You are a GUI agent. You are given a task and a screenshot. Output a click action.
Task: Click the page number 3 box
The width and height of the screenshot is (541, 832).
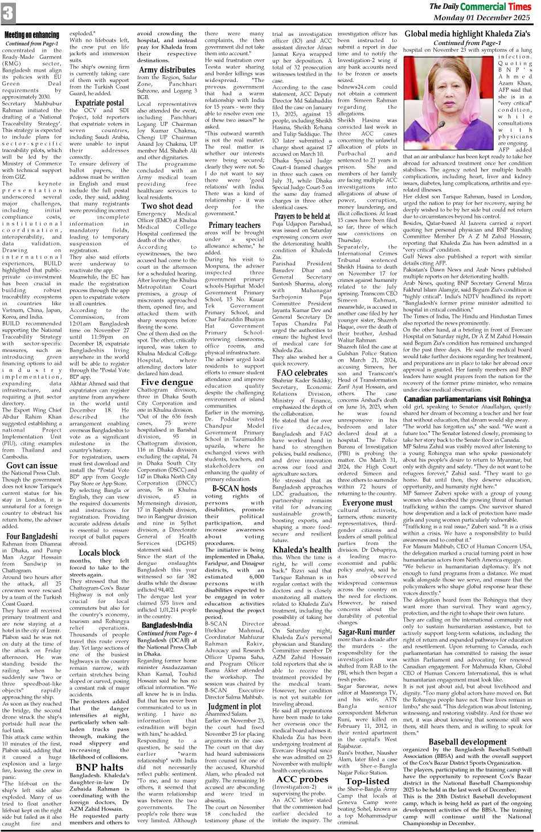(9, 13)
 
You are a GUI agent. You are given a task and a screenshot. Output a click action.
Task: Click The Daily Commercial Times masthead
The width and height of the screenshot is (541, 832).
(479, 6)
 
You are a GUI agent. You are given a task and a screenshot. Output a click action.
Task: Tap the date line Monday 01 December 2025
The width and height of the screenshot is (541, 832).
(481, 18)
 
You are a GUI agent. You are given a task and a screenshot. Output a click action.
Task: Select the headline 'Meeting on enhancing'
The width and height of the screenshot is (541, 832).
(32, 35)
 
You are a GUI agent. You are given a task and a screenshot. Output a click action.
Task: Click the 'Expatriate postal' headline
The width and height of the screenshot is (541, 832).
(99, 103)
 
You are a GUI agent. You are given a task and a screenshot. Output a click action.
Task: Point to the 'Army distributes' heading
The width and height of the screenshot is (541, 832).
(167, 70)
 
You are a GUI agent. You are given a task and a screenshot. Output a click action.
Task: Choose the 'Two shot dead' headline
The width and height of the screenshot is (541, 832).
(167, 206)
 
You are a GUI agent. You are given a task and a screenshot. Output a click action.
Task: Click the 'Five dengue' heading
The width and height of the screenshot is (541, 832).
(167, 382)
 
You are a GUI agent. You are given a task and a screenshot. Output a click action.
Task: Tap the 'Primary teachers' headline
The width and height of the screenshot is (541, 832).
(234, 224)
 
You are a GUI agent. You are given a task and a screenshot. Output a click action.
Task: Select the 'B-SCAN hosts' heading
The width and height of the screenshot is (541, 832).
(234, 488)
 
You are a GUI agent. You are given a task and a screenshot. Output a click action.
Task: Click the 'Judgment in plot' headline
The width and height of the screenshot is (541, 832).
(234, 706)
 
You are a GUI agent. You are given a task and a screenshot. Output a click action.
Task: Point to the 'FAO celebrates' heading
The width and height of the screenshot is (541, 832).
(302, 373)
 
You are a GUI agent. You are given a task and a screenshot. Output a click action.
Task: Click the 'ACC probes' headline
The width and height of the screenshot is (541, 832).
(302, 779)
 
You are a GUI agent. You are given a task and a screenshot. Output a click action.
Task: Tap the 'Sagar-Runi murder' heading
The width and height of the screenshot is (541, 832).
(367, 632)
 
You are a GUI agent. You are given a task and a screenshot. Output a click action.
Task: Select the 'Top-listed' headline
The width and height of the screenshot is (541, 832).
(367, 781)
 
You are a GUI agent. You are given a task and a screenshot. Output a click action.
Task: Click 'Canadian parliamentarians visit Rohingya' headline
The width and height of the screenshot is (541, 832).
(467, 399)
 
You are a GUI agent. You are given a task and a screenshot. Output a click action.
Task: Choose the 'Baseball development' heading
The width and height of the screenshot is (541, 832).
(467, 741)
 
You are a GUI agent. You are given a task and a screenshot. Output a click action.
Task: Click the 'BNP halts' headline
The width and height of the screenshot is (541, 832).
(99, 767)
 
